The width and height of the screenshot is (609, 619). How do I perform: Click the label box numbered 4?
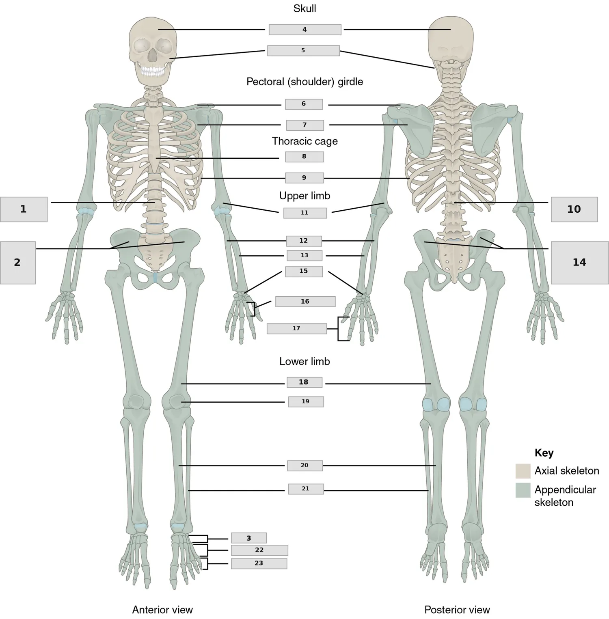(x=305, y=30)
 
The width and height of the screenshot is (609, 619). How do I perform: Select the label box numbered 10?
(x=574, y=209)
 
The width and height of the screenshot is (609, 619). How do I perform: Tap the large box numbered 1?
(x=24, y=209)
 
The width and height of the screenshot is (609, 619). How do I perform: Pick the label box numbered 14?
(x=580, y=263)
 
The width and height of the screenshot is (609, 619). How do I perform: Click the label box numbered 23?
(x=259, y=563)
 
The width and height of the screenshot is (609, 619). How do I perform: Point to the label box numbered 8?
(x=304, y=157)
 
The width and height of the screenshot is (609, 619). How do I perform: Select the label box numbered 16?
(x=305, y=302)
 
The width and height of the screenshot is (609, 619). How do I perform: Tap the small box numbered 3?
(x=249, y=538)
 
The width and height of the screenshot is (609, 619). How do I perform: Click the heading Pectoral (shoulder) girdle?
(x=304, y=82)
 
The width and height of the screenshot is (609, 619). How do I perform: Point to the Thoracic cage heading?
(x=304, y=141)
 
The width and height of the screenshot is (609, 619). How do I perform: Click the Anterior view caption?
(x=162, y=610)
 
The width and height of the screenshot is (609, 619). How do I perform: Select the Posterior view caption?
(x=457, y=610)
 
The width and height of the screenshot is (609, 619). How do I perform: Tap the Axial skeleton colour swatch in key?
(x=523, y=471)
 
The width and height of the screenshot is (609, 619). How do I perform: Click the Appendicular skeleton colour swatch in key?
(x=523, y=490)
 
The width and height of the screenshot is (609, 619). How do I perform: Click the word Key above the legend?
(x=544, y=453)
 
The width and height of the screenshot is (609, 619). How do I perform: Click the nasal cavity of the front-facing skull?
(x=153, y=56)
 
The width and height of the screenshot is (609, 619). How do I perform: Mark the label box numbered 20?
(x=305, y=466)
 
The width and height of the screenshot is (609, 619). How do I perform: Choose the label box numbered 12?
(x=304, y=241)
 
